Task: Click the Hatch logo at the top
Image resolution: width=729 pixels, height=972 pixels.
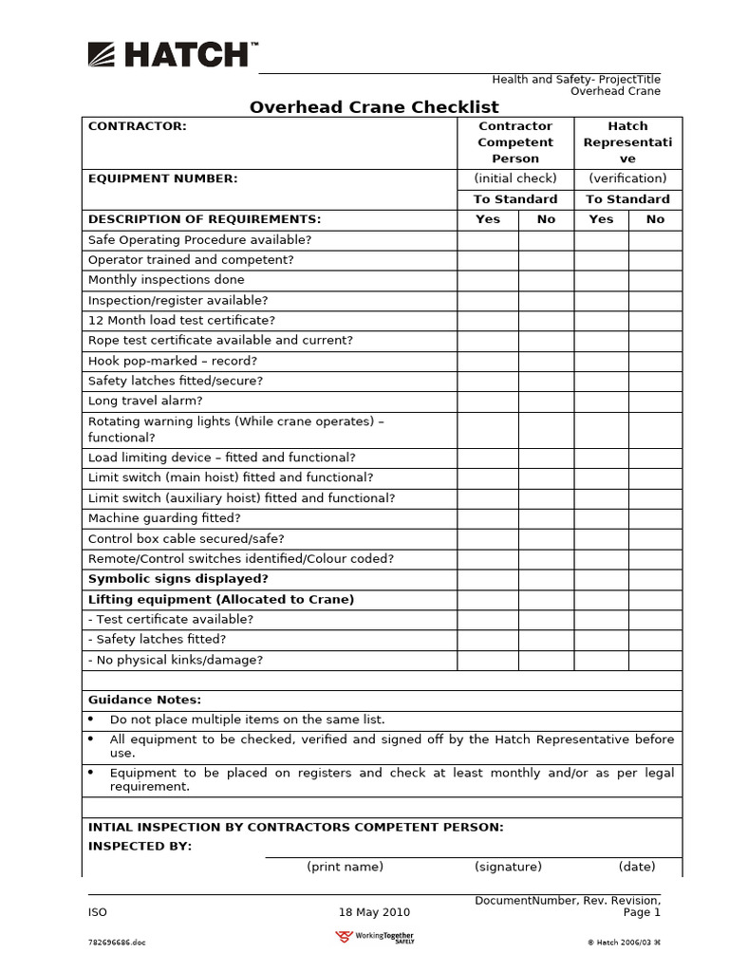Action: [x=172, y=55]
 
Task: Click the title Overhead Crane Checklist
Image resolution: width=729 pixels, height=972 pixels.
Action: [x=373, y=107]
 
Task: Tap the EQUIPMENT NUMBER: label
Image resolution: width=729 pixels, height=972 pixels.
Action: [x=162, y=178]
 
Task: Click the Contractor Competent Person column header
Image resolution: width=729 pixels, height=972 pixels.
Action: [x=515, y=142]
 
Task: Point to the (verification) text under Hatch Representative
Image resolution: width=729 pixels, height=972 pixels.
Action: [x=627, y=178]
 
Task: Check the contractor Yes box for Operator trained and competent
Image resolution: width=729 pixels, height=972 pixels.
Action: [x=488, y=260]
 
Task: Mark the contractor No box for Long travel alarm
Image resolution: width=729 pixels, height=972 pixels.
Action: [x=546, y=402]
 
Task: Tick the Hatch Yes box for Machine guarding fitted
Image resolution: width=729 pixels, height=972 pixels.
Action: [x=601, y=518]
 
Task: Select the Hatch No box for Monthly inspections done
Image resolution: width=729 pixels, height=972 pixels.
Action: [x=655, y=280]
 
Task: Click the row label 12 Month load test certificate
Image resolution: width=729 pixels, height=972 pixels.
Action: [x=181, y=321]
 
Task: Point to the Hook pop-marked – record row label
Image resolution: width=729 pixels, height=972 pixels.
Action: [x=172, y=362]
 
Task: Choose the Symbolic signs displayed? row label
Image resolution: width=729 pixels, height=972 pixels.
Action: [x=178, y=579]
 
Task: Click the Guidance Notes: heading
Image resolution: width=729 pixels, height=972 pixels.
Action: [x=144, y=701]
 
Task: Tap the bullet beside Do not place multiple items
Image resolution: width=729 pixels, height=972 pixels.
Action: [x=91, y=720]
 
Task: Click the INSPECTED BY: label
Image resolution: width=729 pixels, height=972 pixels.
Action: [x=140, y=847]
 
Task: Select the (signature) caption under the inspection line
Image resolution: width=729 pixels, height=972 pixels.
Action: [x=508, y=867]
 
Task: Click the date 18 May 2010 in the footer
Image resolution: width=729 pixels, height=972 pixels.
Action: [x=374, y=913]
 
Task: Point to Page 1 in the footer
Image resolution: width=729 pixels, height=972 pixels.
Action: [x=642, y=913]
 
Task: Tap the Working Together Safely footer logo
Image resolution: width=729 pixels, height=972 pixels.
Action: [x=375, y=938]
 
